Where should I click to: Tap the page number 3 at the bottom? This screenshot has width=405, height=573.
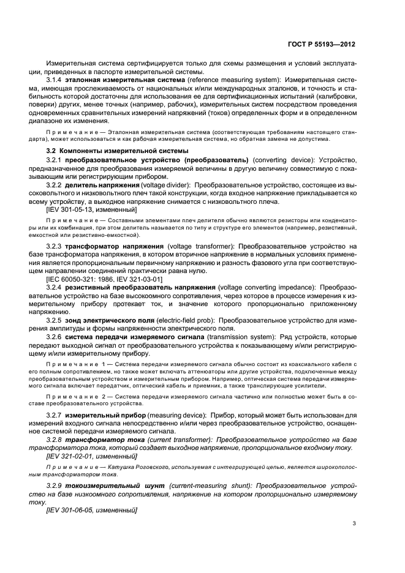pos(354,522)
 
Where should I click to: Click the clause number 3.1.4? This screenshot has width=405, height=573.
pos(56,80)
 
